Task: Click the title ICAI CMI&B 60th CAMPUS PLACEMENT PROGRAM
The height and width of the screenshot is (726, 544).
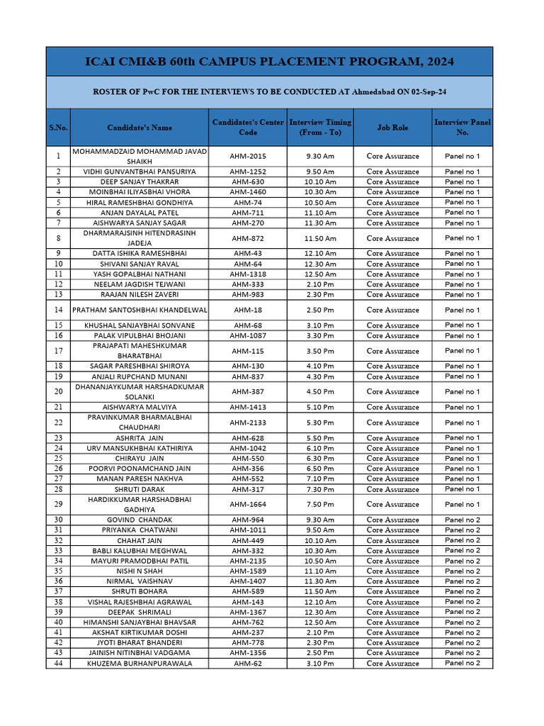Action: pyautogui.click(x=269, y=62)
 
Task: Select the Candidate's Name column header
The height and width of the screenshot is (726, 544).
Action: pyautogui.click(x=140, y=128)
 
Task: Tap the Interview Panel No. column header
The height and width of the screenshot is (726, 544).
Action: pyautogui.click(x=462, y=128)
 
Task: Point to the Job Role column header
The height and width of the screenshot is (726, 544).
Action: pyautogui.click(x=392, y=128)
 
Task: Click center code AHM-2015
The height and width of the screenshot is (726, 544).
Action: pyautogui.click(x=249, y=156)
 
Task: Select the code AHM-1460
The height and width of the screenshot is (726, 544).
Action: pyautogui.click(x=249, y=192)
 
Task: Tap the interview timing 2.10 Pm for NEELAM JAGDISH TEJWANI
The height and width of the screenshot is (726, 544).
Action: pyautogui.click(x=320, y=284)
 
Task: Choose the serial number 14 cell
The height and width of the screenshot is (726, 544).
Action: pyautogui.click(x=58, y=310)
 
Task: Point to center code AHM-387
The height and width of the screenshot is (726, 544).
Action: pyautogui.click(x=249, y=391)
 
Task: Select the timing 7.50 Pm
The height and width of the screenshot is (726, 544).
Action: pyautogui.click(x=320, y=504)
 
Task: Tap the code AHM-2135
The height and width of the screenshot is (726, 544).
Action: pyautogui.click(x=249, y=561)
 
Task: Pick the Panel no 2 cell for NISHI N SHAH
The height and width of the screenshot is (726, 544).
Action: pyautogui.click(x=462, y=571)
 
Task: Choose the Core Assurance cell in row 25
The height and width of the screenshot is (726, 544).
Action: pyautogui.click(x=392, y=458)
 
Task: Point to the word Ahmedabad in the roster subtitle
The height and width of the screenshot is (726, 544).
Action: pyautogui.click(x=367, y=92)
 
